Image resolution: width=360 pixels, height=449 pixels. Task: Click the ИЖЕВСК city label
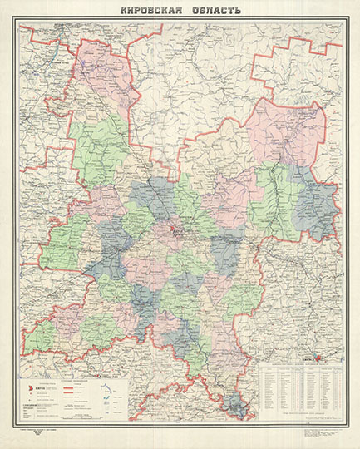coord(308,361)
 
